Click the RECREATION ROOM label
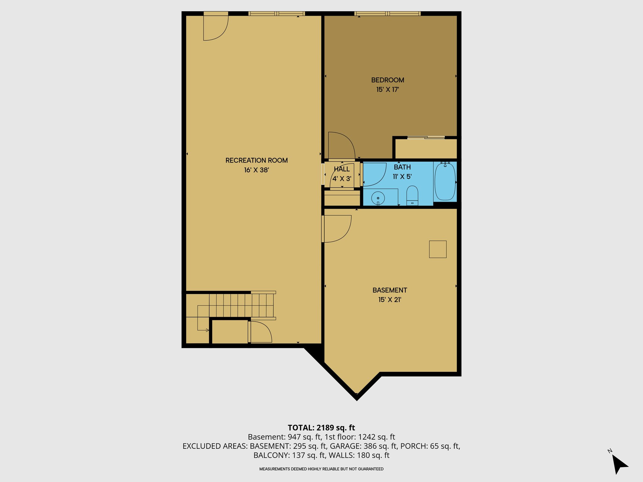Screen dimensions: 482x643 (257, 160)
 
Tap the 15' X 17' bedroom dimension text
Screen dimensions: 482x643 (387, 89)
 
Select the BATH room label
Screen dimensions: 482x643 (402, 167)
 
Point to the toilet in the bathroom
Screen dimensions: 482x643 (412, 195)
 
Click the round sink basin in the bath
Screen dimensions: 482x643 (378, 198)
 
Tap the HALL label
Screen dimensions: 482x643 (342, 169)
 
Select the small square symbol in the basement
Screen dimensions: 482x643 (438, 249)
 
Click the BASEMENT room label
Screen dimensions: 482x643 (390, 290)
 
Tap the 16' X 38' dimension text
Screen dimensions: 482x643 (257, 170)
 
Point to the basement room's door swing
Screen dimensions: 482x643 (338, 228)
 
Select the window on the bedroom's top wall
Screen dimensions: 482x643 (387, 13)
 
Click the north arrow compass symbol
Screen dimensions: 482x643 (619, 464)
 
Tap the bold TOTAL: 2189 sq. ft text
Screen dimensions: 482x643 (321, 428)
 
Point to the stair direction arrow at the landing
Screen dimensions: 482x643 (207, 330)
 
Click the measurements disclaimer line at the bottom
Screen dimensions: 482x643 (321, 469)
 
